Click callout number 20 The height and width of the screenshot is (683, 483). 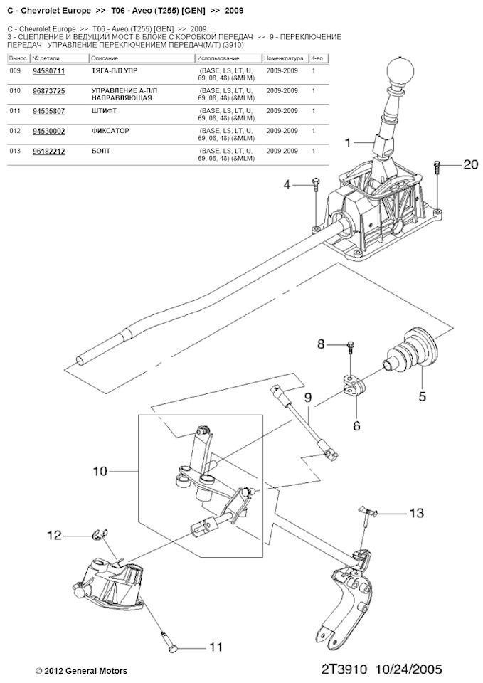click(x=470, y=164)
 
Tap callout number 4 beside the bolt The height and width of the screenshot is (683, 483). click(x=287, y=185)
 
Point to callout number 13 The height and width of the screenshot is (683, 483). click(x=416, y=513)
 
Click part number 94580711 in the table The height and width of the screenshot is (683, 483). click(x=49, y=71)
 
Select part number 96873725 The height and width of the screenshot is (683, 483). click(x=49, y=91)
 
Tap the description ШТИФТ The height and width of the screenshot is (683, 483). click(x=104, y=111)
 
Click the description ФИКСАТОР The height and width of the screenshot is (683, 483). click(x=110, y=131)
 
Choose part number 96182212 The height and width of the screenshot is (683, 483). click(x=49, y=151)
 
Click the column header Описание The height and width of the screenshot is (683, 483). click(x=105, y=58)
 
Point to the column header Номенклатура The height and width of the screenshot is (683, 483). click(x=284, y=58)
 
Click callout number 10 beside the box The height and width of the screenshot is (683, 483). click(x=100, y=471)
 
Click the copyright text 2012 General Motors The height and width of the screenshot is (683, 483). click(x=86, y=671)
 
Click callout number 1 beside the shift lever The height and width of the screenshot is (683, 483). click(x=348, y=143)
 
